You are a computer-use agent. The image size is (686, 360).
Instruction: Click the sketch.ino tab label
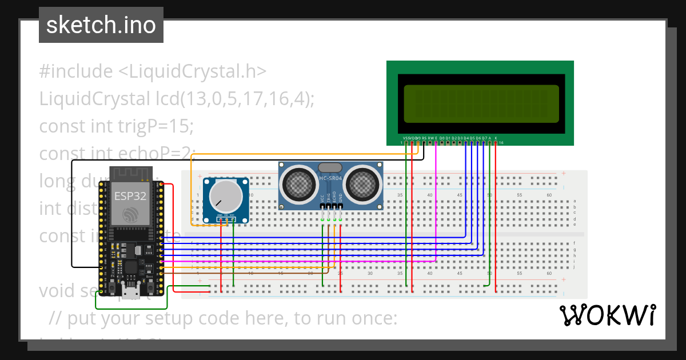click(x=101, y=25)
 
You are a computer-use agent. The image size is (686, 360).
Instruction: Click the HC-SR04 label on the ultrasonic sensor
click(x=331, y=179)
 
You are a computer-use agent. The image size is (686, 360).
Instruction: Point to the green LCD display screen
click(x=480, y=104)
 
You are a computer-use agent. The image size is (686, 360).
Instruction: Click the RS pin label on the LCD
click(x=424, y=138)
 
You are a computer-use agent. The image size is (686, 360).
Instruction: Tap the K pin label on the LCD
click(x=496, y=138)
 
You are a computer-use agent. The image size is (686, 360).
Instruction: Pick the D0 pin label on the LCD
click(x=442, y=138)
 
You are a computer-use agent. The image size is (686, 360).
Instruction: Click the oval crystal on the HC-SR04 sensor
click(x=330, y=167)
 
